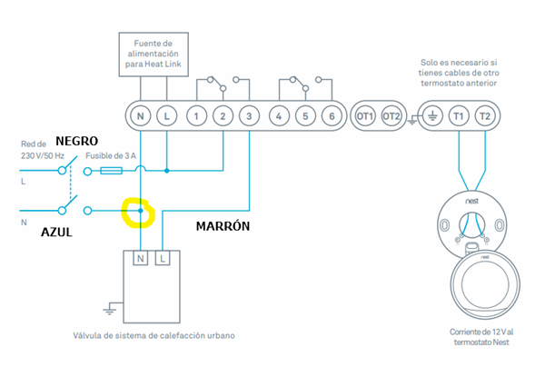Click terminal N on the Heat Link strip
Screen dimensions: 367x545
pos(140,115)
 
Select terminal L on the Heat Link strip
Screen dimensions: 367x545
pos(167,115)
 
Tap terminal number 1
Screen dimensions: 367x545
pos(195,115)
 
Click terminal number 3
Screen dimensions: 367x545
pos(250,115)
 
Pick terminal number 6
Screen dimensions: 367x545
pos(332,115)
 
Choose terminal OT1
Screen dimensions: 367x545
pos(365,115)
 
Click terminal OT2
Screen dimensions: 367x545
pos(391,115)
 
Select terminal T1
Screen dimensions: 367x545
pos(458,115)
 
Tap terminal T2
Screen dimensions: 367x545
pos(484,115)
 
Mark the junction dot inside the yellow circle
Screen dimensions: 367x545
pos(140,211)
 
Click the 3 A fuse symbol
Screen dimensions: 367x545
pos(112,170)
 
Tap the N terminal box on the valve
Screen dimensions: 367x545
pos(141,259)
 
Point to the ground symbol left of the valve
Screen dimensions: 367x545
pos(110,309)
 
